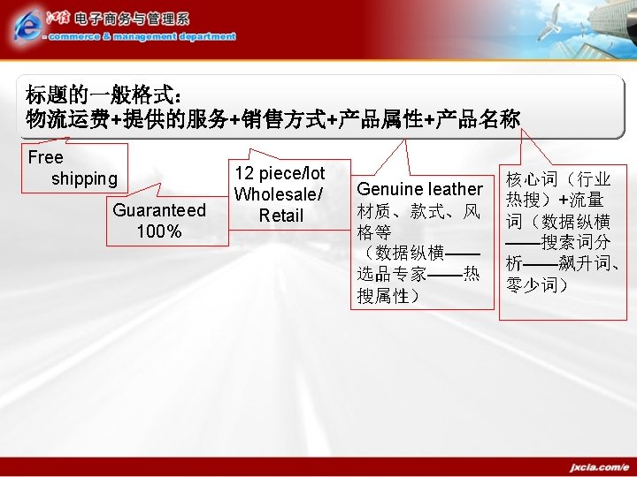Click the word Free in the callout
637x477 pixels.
point(45,157)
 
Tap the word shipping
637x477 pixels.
point(85,178)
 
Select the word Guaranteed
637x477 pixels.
point(159,210)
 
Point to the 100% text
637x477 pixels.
point(159,231)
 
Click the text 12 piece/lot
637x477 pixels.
point(280,174)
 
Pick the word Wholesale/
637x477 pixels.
point(279,194)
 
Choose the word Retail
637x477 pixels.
point(281,216)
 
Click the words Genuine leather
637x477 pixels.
point(419,189)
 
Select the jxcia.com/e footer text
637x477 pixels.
point(599,467)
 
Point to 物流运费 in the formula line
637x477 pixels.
point(68,119)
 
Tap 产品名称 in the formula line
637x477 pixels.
point(478,119)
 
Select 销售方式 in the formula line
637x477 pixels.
point(284,119)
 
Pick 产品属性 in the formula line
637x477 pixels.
point(381,119)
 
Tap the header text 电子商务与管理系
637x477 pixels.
point(132,19)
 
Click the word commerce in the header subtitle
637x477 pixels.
point(74,36)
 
